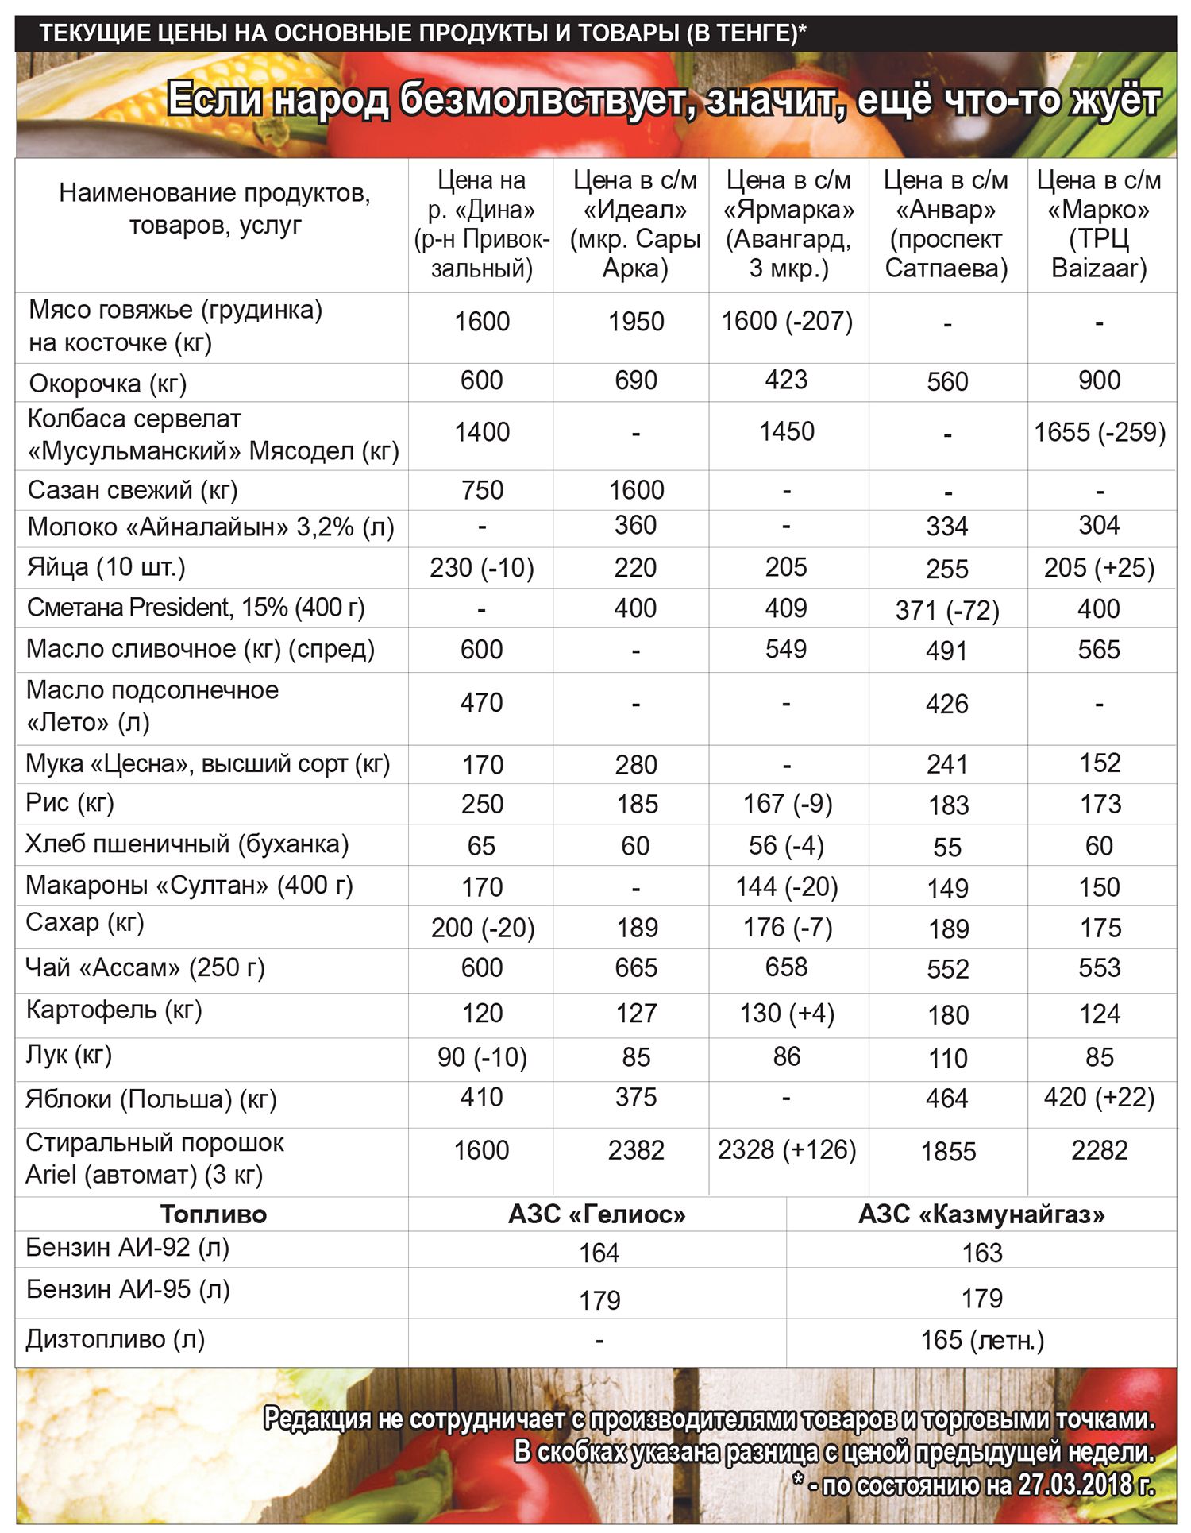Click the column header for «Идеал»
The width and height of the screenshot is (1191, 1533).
click(x=635, y=225)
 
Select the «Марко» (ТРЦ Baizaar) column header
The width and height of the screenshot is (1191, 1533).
click(x=1099, y=225)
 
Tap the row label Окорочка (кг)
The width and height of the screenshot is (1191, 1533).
click(x=108, y=384)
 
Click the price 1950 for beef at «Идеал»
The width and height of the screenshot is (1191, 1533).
click(x=635, y=322)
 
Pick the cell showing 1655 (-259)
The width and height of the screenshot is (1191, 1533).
click(x=1099, y=432)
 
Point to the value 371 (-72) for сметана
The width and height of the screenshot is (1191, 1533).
click(x=946, y=610)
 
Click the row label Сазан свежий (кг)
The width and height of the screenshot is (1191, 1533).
click(x=133, y=490)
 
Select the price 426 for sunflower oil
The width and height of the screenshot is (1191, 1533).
click(x=946, y=704)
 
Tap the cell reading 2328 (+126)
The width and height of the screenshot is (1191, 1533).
click(x=786, y=1150)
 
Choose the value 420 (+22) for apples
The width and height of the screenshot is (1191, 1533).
click(x=1099, y=1098)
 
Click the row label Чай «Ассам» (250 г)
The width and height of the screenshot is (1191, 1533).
click(x=145, y=967)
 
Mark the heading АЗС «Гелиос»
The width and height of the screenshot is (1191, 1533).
click(x=597, y=1214)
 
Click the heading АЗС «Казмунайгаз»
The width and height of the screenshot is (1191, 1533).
click(x=981, y=1214)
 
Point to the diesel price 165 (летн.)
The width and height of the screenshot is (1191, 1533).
click(x=981, y=1340)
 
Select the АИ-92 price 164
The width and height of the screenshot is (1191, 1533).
click(x=599, y=1253)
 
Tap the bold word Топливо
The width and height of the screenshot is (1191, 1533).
click(x=213, y=1214)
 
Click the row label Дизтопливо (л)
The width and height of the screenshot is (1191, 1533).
click(x=115, y=1339)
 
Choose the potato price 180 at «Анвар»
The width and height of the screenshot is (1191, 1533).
click(x=947, y=1014)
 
